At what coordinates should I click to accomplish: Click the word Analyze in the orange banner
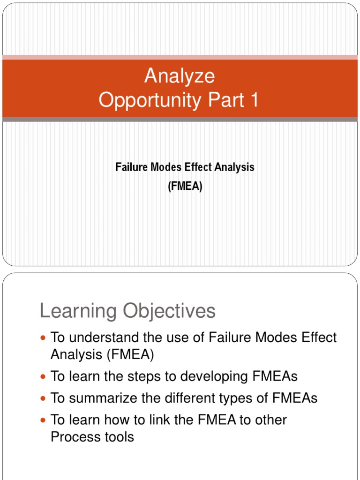(x=180, y=76)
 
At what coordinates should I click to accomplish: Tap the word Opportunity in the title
(x=150, y=100)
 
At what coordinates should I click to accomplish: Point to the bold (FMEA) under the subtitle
(x=185, y=186)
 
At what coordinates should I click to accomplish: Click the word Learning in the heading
(x=78, y=311)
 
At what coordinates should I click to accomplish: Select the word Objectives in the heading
(x=169, y=311)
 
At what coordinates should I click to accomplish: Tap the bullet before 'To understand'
(x=43, y=338)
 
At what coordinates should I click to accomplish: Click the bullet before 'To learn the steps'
(x=43, y=376)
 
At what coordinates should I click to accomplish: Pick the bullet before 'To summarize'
(x=43, y=398)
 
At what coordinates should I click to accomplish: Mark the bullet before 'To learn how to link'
(x=43, y=420)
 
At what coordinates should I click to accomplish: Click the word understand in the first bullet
(x=105, y=337)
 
